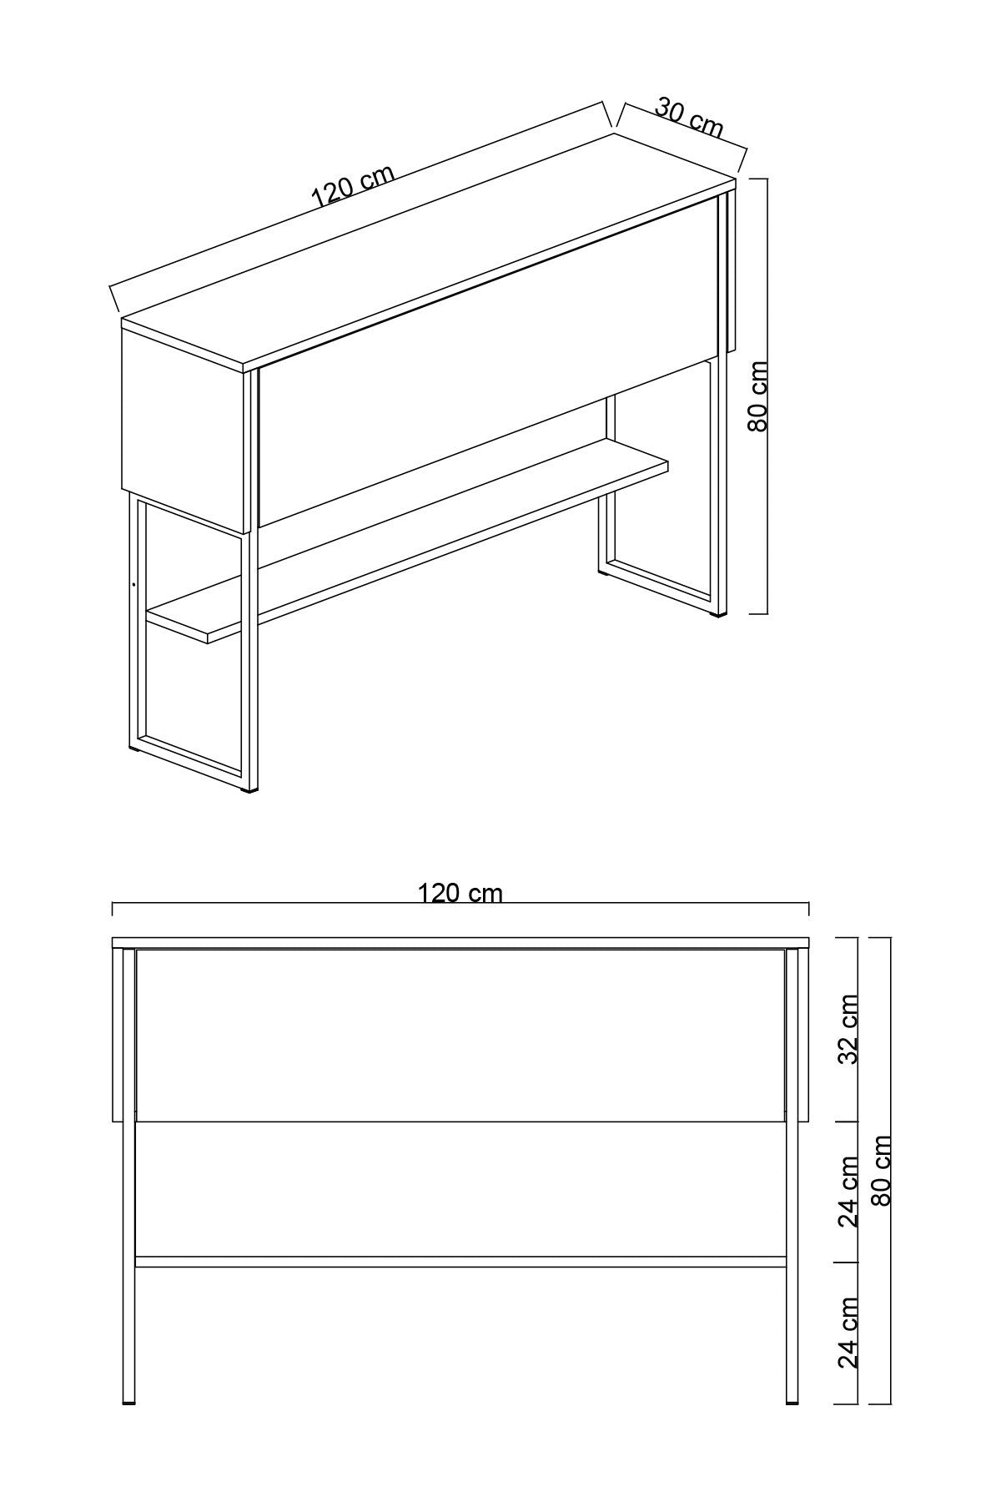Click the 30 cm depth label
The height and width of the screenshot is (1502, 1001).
[x=689, y=118]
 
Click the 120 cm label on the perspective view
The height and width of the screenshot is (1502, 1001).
[x=352, y=186]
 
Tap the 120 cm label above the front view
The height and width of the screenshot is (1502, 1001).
[x=460, y=893]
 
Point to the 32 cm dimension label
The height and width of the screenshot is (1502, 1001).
[x=848, y=1029]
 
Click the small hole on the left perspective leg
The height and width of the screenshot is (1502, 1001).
[x=133, y=584]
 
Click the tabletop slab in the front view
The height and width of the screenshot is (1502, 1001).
[x=460, y=943]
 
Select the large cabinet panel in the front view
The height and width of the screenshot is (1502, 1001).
[x=460, y=1035]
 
